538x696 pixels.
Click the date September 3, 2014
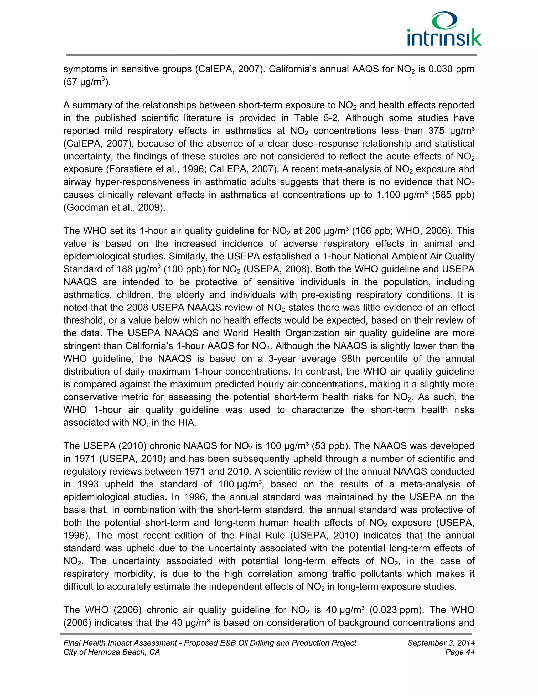pos(441,643)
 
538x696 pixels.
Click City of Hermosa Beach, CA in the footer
pos(112,652)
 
